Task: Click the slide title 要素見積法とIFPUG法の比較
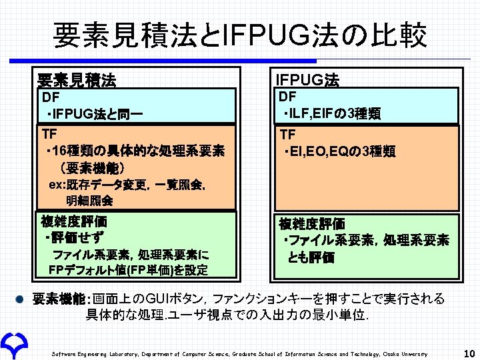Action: click(239, 35)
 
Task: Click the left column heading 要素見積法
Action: click(76, 81)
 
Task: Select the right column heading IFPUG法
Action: click(307, 81)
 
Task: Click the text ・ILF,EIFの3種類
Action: click(331, 114)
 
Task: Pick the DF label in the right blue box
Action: click(287, 97)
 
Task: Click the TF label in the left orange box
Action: click(51, 132)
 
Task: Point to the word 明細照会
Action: click(89, 200)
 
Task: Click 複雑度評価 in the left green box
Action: click(73, 221)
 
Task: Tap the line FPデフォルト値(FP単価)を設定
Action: click(128, 270)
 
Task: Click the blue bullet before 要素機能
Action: click(22, 299)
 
